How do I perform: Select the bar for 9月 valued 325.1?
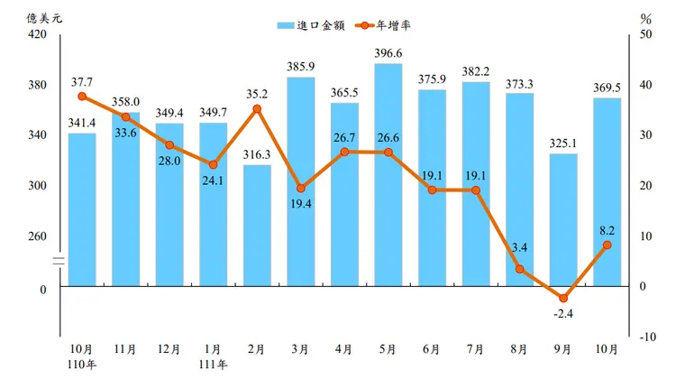562,220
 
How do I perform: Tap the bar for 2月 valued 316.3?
257,226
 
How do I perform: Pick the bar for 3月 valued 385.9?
300,181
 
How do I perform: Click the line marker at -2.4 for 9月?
562,298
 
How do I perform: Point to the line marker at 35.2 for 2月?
257,109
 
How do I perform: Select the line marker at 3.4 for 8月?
519,269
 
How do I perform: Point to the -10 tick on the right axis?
644,337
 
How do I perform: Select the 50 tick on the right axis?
644,34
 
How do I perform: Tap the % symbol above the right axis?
645,17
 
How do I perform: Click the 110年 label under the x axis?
82,363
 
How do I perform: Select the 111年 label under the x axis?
213,363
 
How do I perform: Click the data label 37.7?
83,79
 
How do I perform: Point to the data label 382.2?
476,70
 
